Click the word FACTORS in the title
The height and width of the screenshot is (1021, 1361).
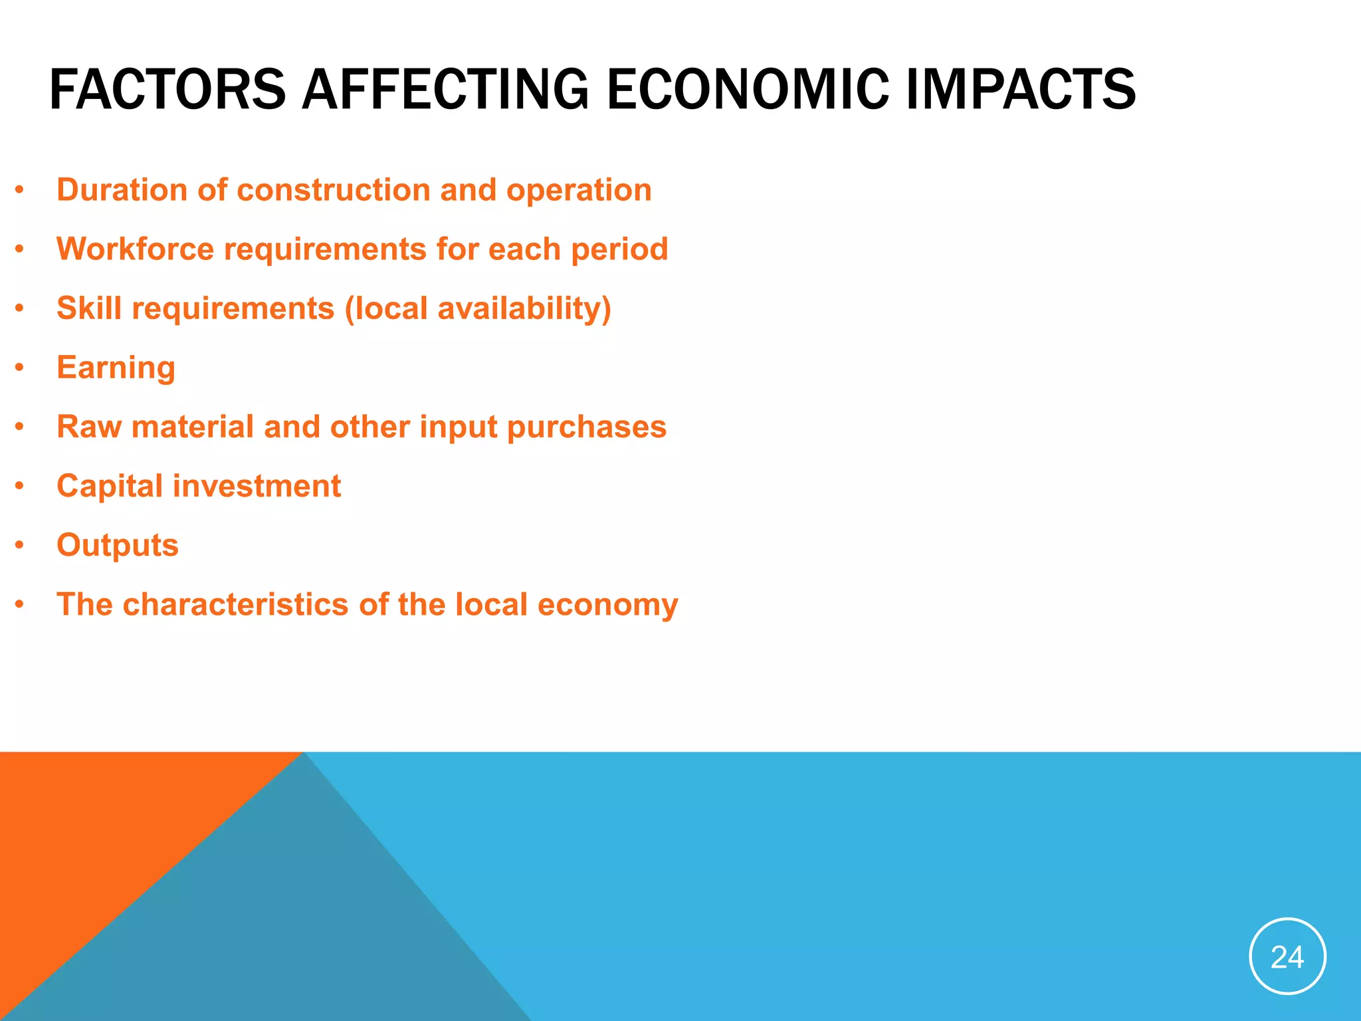(x=167, y=90)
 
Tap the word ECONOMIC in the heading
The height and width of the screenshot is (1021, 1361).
(x=747, y=90)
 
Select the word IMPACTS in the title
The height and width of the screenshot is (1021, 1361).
(x=1021, y=90)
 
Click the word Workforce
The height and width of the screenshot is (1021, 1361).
(x=135, y=249)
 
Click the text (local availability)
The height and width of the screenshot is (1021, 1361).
(x=477, y=308)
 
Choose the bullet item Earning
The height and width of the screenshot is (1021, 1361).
(x=116, y=368)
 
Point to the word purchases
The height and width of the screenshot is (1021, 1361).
(x=587, y=427)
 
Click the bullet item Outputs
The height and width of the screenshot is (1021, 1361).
(x=118, y=545)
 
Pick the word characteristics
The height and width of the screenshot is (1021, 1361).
(x=236, y=604)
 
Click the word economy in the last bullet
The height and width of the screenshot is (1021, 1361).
(x=607, y=604)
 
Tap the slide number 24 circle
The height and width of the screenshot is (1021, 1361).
(x=1287, y=957)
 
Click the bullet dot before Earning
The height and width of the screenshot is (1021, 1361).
(x=20, y=368)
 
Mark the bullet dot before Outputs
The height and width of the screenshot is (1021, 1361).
(x=20, y=545)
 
